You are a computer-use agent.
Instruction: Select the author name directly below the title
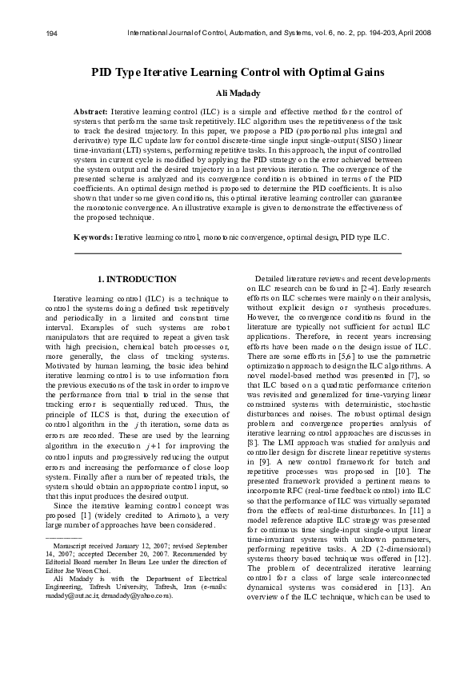click(238, 94)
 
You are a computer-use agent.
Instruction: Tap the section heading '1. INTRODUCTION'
click(136, 279)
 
